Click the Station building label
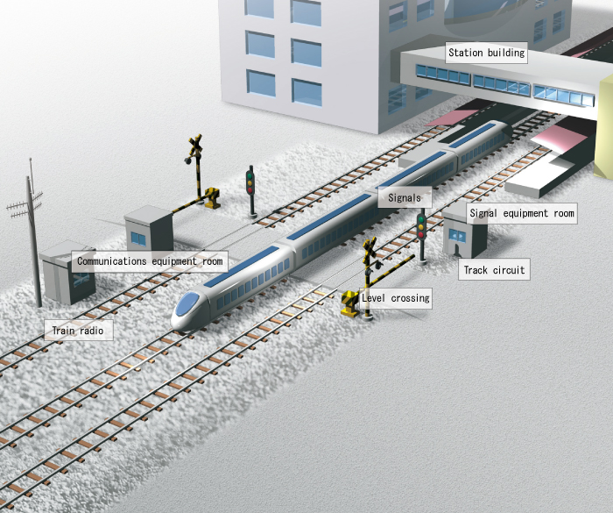tap(486, 53)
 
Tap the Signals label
tap(405, 198)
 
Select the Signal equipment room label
tap(522, 213)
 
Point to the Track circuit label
tap(494, 270)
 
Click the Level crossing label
tap(396, 298)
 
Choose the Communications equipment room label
tap(150, 260)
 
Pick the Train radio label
tap(78, 331)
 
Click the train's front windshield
tap(187, 306)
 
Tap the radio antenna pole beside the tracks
tap(34, 237)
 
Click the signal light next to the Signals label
tap(421, 226)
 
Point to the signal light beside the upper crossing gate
tap(250, 182)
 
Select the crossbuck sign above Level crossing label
tap(370, 250)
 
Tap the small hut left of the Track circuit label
tap(463, 230)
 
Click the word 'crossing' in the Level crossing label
tap(411, 298)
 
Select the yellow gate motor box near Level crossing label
tap(350, 303)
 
